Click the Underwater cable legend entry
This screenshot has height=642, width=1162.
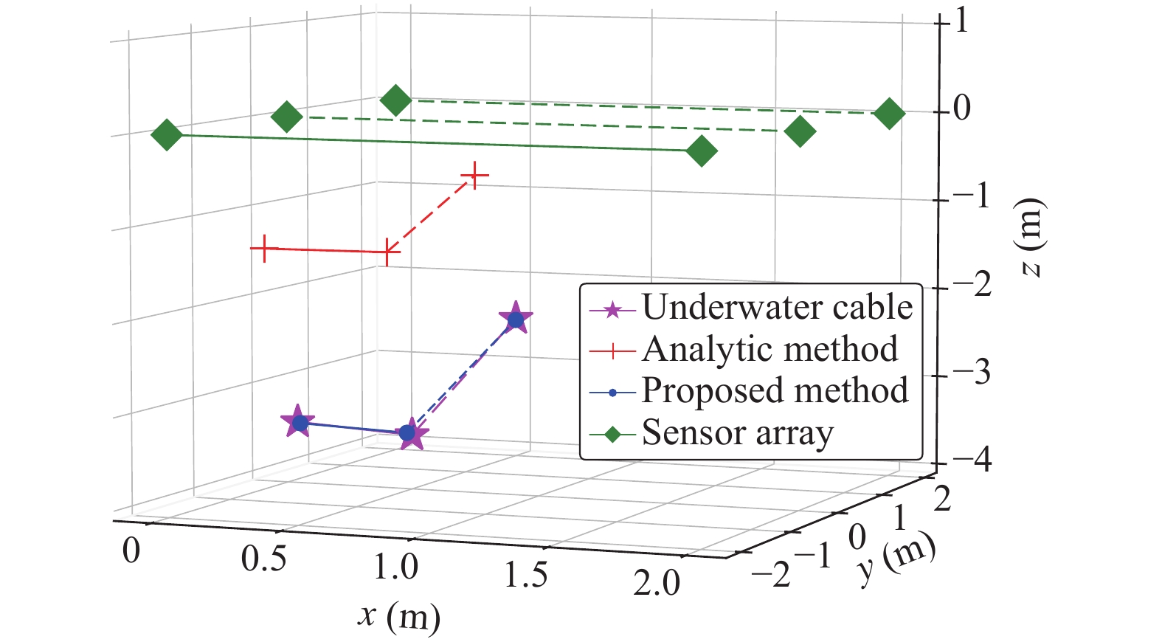[776, 308]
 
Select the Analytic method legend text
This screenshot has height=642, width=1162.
[770, 349]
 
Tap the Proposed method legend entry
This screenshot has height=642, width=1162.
[775, 391]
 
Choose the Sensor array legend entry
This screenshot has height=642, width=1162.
[738, 433]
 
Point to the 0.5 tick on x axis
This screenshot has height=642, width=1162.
[263, 559]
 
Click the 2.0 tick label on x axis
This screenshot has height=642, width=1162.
[656, 583]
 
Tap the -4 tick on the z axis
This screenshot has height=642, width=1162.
[972, 461]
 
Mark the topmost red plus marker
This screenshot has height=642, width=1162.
[475, 176]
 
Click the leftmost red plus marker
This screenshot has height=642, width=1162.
[263, 249]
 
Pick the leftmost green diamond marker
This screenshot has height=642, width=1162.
[167, 135]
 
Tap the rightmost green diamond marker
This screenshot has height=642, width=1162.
[889, 113]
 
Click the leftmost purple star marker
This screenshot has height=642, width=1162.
[297, 422]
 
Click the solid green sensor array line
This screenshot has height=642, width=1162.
[435, 143]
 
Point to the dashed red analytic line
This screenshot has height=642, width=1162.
[432, 214]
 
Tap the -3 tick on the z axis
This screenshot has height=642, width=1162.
[972, 373]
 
